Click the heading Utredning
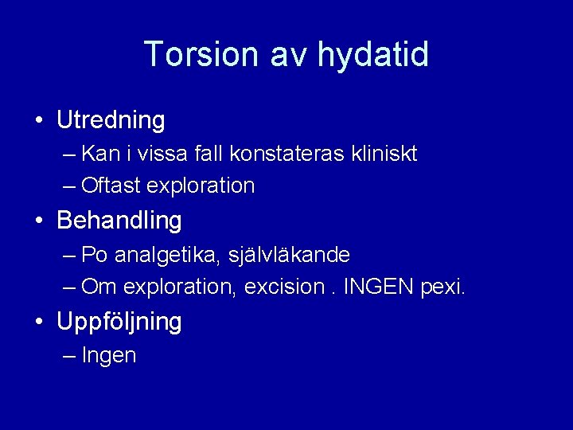(111, 121)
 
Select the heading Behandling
(119, 220)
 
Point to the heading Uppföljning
(119, 322)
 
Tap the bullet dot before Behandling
(39, 221)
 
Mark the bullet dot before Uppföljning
(39, 322)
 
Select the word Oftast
(111, 186)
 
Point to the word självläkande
(289, 256)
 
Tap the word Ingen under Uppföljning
(109, 356)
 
